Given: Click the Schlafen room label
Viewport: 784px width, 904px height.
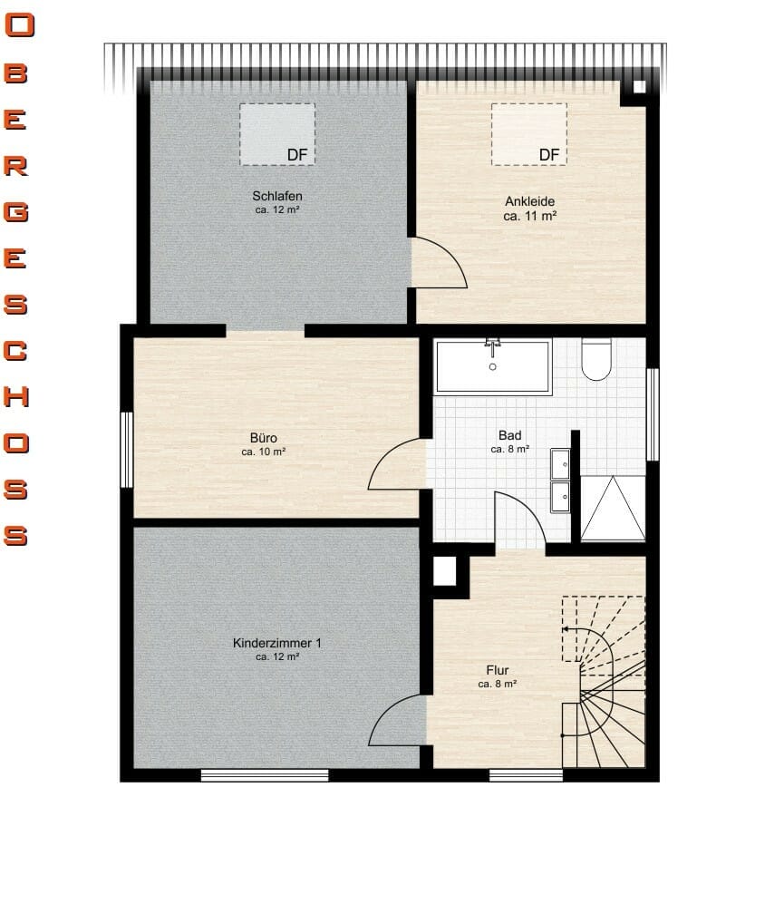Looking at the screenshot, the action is click(277, 196).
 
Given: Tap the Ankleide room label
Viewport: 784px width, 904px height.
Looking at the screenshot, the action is click(530, 201).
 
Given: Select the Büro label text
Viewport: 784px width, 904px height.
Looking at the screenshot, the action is click(264, 438).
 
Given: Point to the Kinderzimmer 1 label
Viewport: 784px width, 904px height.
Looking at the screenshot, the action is click(277, 643).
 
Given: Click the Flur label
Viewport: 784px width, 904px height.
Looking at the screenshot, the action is click(498, 670).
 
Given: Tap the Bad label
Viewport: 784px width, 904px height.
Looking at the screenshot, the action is click(510, 435).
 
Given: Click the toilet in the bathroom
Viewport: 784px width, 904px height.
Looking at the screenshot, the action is click(596, 359).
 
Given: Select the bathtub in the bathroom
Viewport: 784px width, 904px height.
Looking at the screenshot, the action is click(493, 367).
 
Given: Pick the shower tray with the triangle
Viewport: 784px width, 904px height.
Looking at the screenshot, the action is click(613, 509).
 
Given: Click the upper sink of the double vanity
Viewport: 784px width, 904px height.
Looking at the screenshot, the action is click(560, 463).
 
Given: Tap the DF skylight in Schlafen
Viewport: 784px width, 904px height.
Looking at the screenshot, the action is click(277, 134).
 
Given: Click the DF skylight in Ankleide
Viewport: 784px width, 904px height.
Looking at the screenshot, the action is click(529, 134).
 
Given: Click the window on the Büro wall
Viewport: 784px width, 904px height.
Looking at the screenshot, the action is click(127, 450).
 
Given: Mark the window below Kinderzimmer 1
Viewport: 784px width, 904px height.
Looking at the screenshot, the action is click(265, 775).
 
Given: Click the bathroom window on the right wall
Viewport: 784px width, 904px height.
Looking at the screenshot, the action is click(653, 414).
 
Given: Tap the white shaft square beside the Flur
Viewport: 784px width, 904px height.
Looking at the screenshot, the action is click(444, 571).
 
